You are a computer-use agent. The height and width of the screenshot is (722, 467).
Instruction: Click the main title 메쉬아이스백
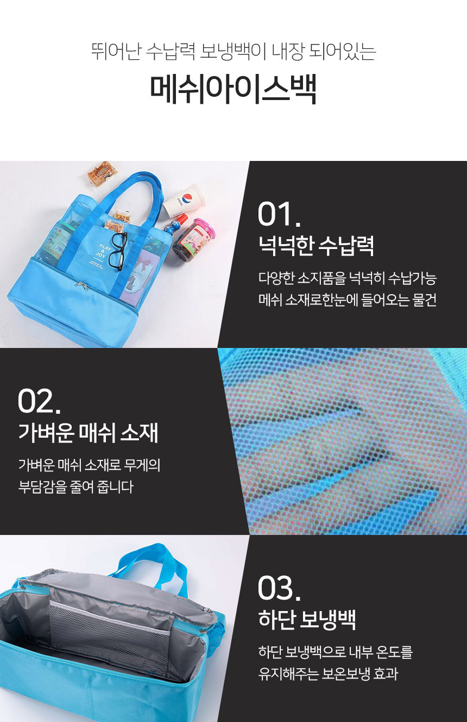[233, 89]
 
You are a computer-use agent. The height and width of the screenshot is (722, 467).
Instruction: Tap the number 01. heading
[279, 214]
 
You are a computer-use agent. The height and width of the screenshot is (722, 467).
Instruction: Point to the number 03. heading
[279, 588]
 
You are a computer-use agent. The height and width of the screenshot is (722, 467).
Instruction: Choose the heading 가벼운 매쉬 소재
[88, 433]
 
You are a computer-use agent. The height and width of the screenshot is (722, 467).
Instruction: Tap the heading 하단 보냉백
[307, 619]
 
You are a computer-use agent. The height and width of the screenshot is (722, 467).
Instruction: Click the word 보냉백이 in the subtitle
[232, 52]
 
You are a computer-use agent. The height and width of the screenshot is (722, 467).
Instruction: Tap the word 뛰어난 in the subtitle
[116, 52]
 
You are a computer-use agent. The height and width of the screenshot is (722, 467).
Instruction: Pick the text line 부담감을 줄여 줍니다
[75, 487]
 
